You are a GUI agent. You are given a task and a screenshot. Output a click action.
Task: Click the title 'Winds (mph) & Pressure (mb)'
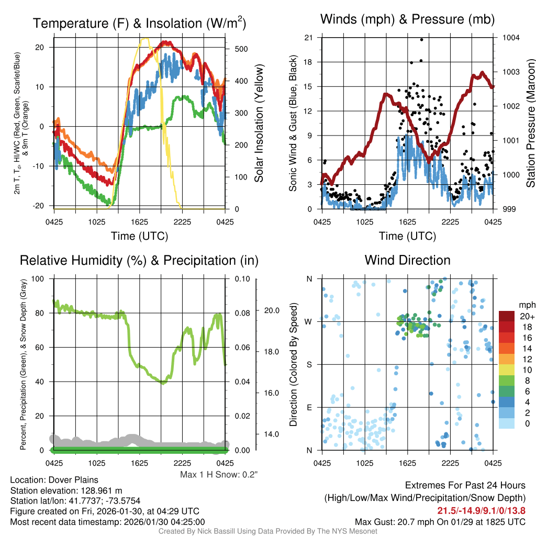(407, 19)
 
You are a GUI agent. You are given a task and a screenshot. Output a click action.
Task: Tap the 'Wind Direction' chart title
(407, 260)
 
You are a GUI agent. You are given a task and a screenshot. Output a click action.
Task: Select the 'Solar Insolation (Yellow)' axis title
(259, 123)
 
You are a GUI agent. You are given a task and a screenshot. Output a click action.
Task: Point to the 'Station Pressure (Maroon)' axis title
(530, 123)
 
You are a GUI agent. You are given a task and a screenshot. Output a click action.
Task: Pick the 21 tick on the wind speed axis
(308, 38)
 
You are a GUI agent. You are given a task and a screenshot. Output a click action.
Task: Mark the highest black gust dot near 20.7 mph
(421, 39)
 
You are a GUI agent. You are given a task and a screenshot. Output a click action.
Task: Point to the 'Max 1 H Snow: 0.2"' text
(219, 474)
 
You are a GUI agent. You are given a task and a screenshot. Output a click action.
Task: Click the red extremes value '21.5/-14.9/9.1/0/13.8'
(481, 510)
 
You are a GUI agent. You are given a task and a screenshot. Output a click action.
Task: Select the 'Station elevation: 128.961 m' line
(66, 490)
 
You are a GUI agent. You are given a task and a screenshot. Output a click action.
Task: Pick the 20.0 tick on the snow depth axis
(272, 310)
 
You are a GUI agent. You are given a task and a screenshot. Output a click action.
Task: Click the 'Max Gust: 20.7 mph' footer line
(440, 521)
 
